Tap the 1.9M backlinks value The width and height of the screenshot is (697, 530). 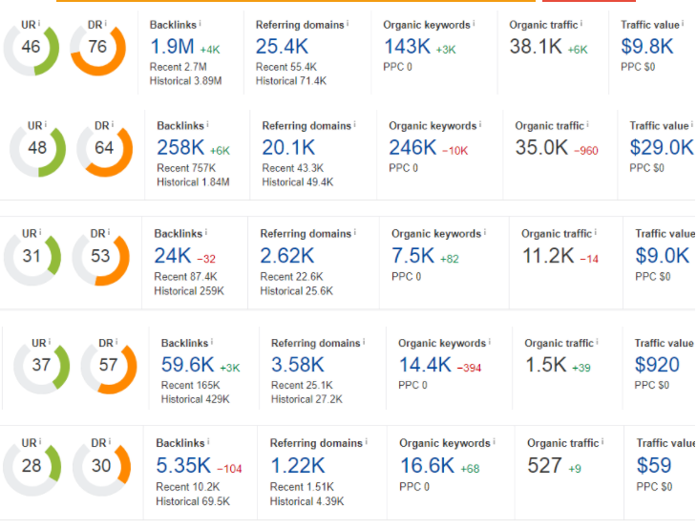[x=173, y=47]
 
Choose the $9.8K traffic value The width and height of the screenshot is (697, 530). [x=646, y=47]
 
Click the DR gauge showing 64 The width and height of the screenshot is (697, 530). [x=104, y=149]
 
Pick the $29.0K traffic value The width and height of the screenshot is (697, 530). [x=661, y=147]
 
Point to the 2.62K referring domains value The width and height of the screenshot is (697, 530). [x=286, y=255]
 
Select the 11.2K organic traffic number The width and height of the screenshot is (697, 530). [x=547, y=255]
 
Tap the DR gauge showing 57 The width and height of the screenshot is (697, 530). [x=108, y=367]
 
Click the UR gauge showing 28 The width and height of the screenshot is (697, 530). [x=31, y=467]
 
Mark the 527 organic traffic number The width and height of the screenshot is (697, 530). [x=544, y=465]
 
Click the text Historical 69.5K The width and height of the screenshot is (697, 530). [x=192, y=501]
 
